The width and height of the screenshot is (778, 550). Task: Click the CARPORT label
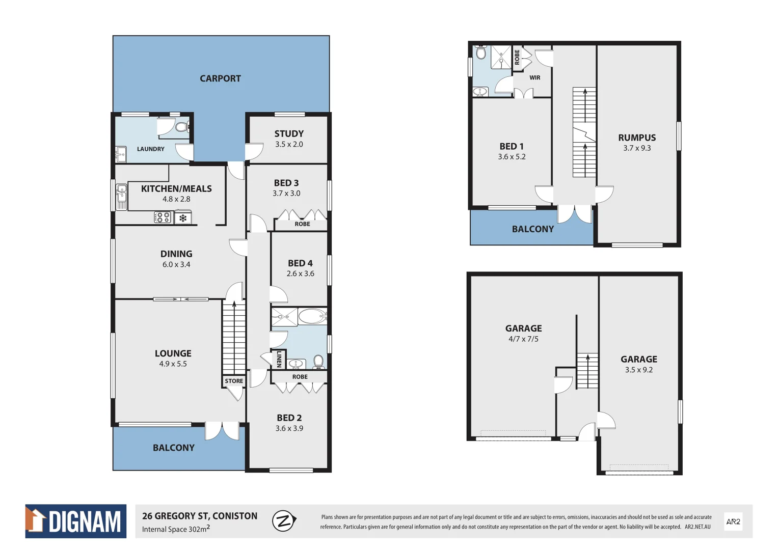tap(220, 78)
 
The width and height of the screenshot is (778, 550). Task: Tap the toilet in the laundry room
tap(181, 126)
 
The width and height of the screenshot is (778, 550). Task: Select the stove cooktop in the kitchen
tap(163, 218)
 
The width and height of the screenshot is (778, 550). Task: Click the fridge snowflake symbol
tap(183, 218)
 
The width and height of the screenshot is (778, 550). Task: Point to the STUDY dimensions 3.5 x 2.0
tap(289, 145)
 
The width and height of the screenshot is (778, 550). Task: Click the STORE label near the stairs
tap(234, 381)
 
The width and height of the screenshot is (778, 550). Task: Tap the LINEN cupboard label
tap(279, 359)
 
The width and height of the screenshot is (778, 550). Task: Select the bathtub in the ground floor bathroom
tap(312, 317)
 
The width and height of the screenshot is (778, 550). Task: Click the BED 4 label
tap(300, 263)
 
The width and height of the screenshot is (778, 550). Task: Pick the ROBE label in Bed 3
tap(302, 224)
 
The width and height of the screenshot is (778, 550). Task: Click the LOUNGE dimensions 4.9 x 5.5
tap(173, 364)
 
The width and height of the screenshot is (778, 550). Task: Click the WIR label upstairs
tap(534, 78)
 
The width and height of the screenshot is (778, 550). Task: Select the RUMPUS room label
tap(637, 137)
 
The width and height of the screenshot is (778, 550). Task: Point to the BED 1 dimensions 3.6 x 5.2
tap(512, 157)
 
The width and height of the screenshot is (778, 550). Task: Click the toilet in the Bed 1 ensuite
tap(481, 52)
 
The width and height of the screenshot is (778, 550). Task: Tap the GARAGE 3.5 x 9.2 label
tap(638, 359)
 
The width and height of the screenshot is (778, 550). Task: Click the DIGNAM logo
tap(76, 521)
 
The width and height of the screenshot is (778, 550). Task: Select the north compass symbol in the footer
tap(284, 521)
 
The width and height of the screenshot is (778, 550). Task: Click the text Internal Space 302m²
tap(176, 529)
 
